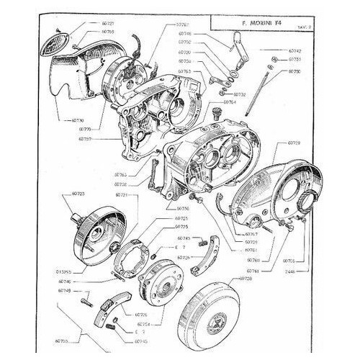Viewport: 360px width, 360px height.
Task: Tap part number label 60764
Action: [230, 102]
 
